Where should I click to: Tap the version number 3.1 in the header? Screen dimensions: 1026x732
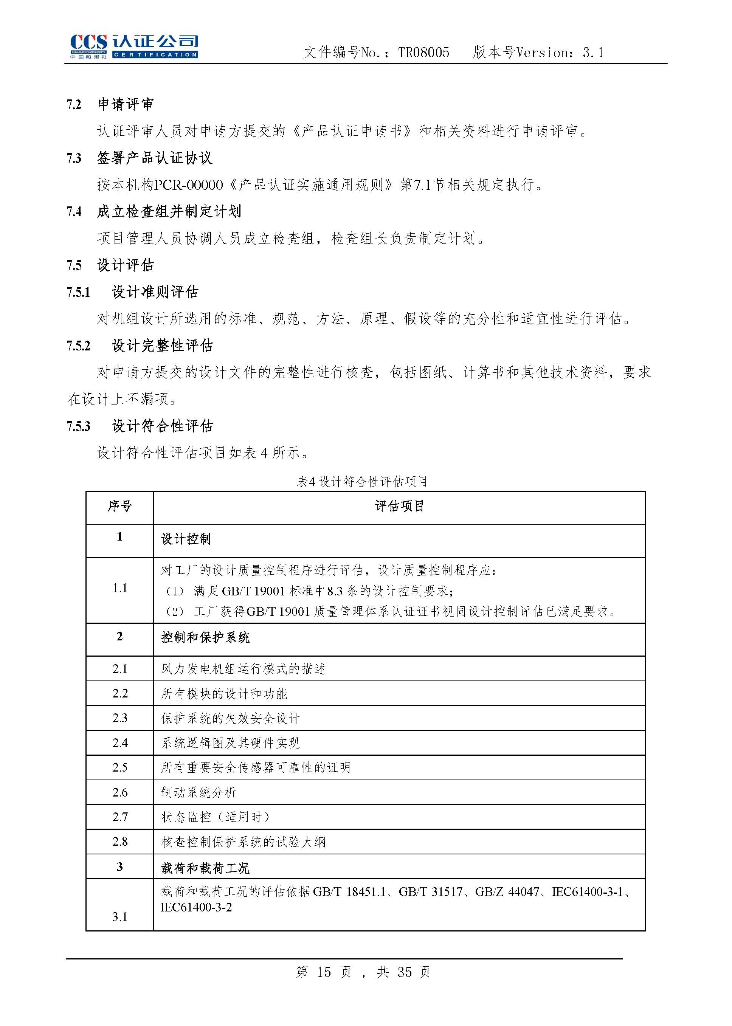pos(593,53)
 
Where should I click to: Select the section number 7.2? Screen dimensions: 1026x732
pos(74,105)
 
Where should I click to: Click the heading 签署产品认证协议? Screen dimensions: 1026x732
pos(154,158)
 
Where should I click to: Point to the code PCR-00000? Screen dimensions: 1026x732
pos(188,185)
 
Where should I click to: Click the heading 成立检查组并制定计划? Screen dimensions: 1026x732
pos(169,211)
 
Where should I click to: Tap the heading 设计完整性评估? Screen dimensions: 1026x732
pos(162,346)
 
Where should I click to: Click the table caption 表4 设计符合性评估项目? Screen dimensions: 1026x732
pos(362,482)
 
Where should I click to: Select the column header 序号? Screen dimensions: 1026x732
pos(119,507)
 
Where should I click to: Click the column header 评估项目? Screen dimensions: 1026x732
pos(399,507)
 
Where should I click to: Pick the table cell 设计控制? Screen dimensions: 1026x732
pos(186,539)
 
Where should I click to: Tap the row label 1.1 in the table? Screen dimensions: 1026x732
pos(119,587)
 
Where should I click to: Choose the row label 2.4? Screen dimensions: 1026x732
pos(119,742)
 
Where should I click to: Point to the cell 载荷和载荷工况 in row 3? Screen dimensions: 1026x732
pos(205,868)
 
